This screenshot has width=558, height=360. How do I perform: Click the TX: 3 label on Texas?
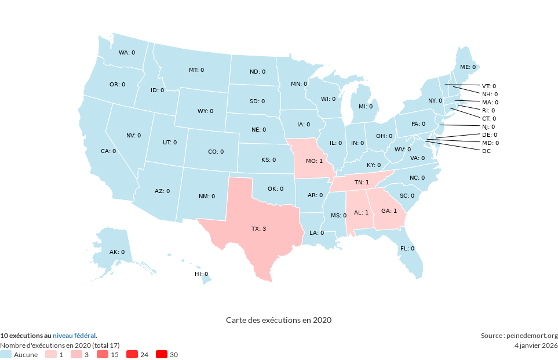point(258,229)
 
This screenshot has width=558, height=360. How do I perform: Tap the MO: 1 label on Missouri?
point(314,161)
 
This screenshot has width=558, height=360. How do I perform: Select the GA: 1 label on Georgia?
point(389,210)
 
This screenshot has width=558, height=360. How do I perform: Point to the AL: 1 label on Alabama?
point(361,213)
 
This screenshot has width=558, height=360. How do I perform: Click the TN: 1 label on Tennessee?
point(362,183)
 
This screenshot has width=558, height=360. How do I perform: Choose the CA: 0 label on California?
point(108,151)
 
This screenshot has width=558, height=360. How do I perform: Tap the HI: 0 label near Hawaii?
point(200,274)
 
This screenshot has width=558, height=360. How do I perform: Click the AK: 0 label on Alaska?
point(117,252)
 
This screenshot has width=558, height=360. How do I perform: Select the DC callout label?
point(486,151)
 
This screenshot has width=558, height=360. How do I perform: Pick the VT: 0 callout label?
point(489,86)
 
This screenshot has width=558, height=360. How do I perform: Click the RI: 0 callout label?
point(488,110)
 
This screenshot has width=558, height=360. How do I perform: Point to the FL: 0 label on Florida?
point(407,248)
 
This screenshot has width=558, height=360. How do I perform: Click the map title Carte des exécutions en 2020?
point(278,320)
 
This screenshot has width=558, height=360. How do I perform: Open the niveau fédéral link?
point(74,336)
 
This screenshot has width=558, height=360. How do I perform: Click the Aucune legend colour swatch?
point(6,354)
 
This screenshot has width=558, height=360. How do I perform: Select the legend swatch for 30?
point(160,354)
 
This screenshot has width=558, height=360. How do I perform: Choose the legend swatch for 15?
point(103,354)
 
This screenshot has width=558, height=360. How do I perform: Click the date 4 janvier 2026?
point(536,346)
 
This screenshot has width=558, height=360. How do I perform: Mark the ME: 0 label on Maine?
point(468,67)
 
